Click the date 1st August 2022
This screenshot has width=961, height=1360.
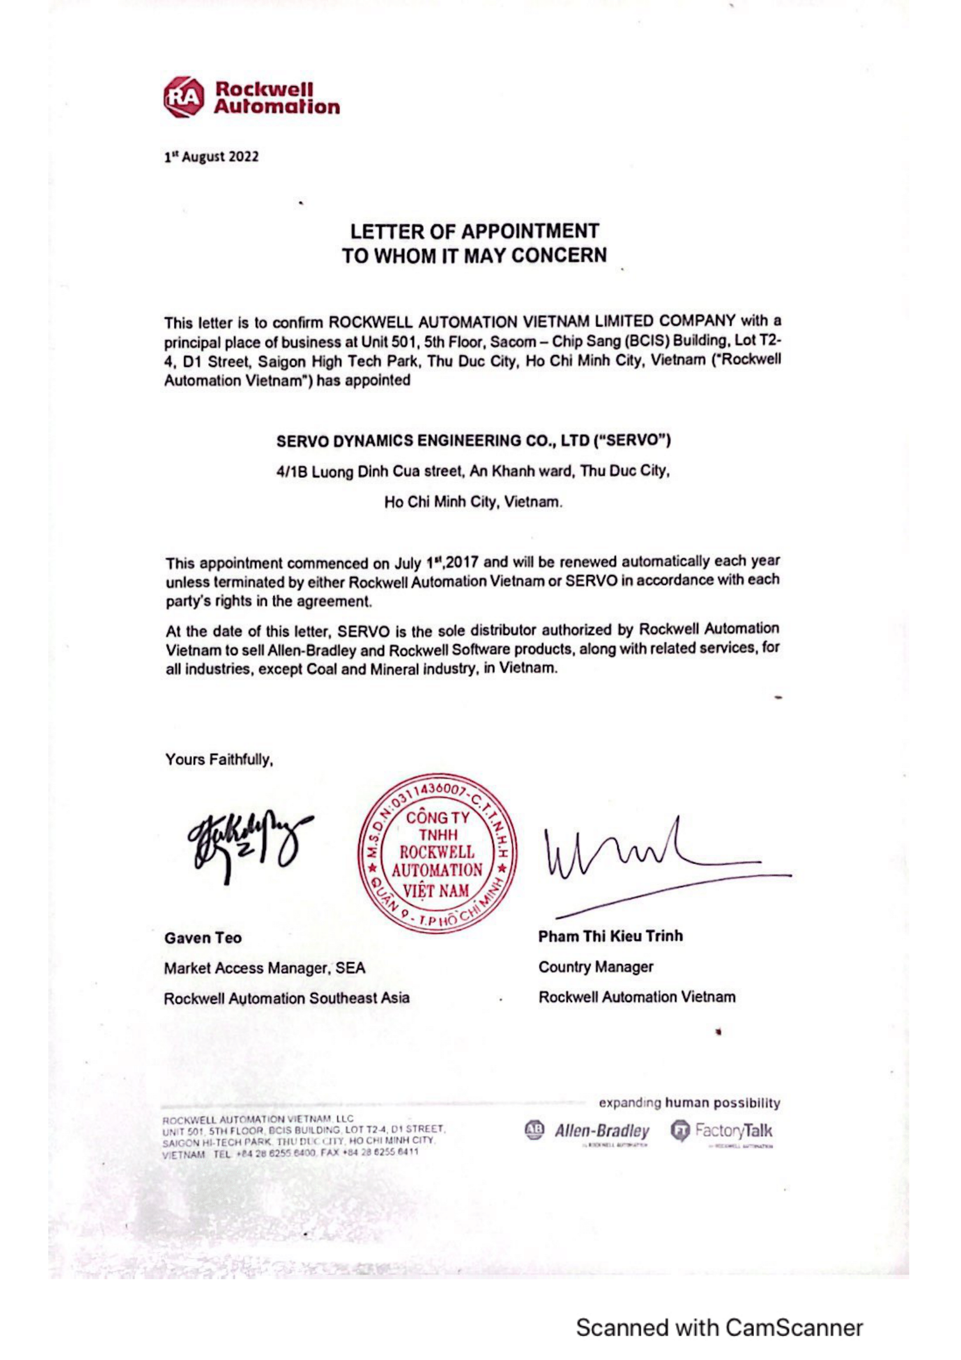point(212,157)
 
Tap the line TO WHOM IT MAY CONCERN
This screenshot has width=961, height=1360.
point(474,255)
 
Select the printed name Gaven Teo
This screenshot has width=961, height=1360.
point(203,938)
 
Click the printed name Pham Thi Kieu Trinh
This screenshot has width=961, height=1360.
point(610,936)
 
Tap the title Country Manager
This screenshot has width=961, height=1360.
point(596,968)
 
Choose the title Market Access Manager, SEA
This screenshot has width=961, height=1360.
point(265,969)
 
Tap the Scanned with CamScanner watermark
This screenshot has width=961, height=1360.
point(719,1328)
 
